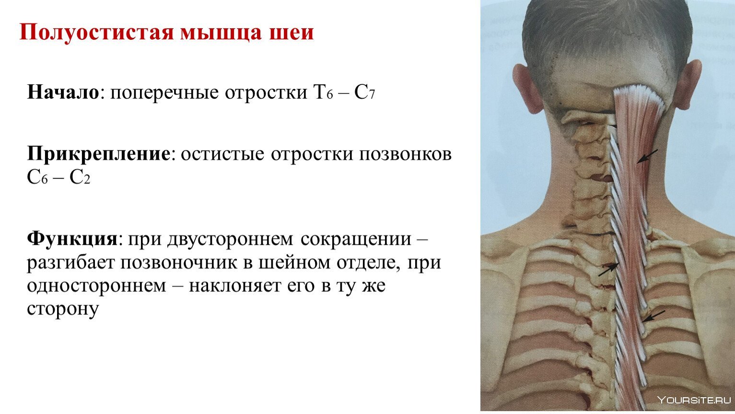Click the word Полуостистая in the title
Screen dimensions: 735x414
[x=97, y=32]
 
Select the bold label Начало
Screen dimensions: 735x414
[x=63, y=92]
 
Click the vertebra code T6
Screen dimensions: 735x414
[x=324, y=92]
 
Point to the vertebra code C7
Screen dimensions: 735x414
[x=364, y=92]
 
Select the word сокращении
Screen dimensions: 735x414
[x=356, y=240]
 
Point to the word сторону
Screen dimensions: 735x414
[x=63, y=310]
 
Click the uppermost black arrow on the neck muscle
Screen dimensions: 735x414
[x=647, y=157]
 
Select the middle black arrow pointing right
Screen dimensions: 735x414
[x=608, y=270]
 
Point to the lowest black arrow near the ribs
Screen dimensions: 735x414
[x=654, y=316]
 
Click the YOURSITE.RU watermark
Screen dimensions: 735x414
[x=694, y=400]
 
